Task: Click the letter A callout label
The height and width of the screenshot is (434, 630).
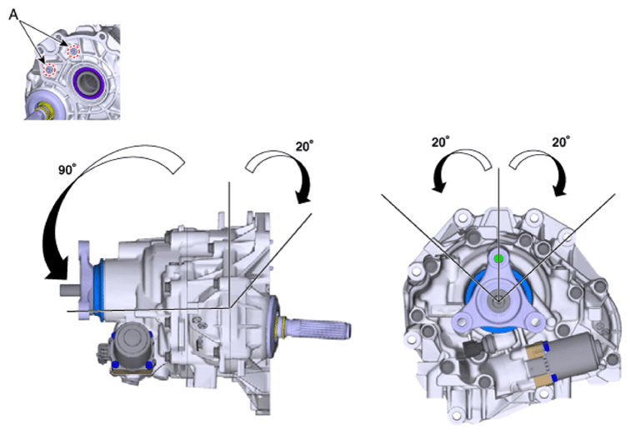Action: [13, 15]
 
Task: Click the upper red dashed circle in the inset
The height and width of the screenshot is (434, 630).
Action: [73, 52]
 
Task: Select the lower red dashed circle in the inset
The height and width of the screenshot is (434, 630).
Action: [49, 70]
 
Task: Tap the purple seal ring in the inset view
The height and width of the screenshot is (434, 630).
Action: [89, 82]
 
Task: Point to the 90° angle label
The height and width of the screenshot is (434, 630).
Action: [67, 170]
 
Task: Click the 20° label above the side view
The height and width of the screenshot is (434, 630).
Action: [304, 146]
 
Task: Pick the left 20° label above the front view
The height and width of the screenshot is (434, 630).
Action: [441, 142]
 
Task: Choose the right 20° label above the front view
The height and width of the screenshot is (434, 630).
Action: [562, 142]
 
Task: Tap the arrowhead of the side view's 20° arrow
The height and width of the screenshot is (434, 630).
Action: [302, 196]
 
